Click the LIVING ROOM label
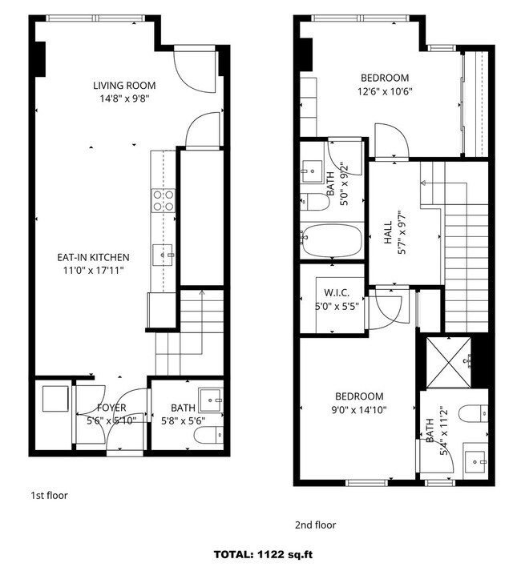(124, 86)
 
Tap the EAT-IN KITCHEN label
(93, 257)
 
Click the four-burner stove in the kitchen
(164, 200)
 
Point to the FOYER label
(111, 408)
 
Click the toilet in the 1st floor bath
(208, 435)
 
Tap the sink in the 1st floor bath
(210, 400)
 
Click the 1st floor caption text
(49, 495)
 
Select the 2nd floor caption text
(315, 525)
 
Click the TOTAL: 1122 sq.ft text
(263, 555)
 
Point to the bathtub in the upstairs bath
(332, 241)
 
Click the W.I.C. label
(337, 292)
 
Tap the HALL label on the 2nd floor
(388, 232)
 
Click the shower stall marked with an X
(449, 363)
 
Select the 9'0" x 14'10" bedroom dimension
(359, 410)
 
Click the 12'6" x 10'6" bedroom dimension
(385, 91)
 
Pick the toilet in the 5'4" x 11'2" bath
(473, 413)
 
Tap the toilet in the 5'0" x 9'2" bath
(315, 202)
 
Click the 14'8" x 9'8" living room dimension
(125, 99)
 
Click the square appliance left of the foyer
(55, 399)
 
